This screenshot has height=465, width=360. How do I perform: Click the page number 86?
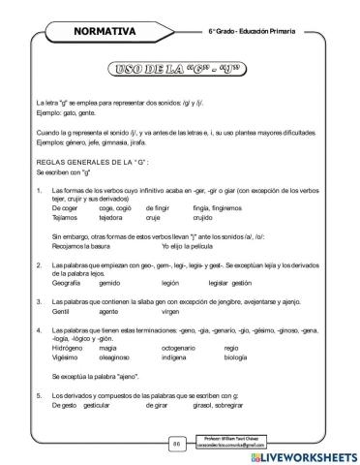[177, 443]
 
